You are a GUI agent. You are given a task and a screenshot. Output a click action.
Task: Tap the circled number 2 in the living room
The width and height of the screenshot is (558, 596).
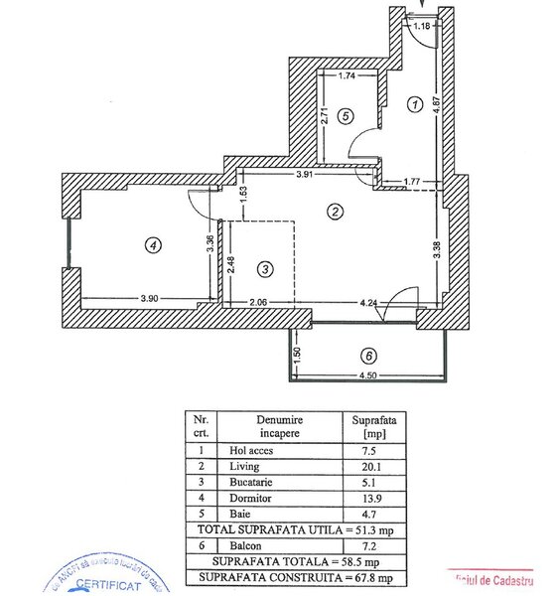coord(336,212)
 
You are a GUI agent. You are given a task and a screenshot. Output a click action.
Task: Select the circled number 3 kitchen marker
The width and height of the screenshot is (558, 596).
coord(264,268)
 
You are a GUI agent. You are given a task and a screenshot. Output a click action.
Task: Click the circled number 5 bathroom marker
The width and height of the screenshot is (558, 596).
coord(345,116)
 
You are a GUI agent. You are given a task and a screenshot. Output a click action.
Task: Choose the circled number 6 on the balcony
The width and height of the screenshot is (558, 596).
coord(368,355)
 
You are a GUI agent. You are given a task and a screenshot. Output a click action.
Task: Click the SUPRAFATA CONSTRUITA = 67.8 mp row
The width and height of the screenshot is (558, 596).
coord(282,577)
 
